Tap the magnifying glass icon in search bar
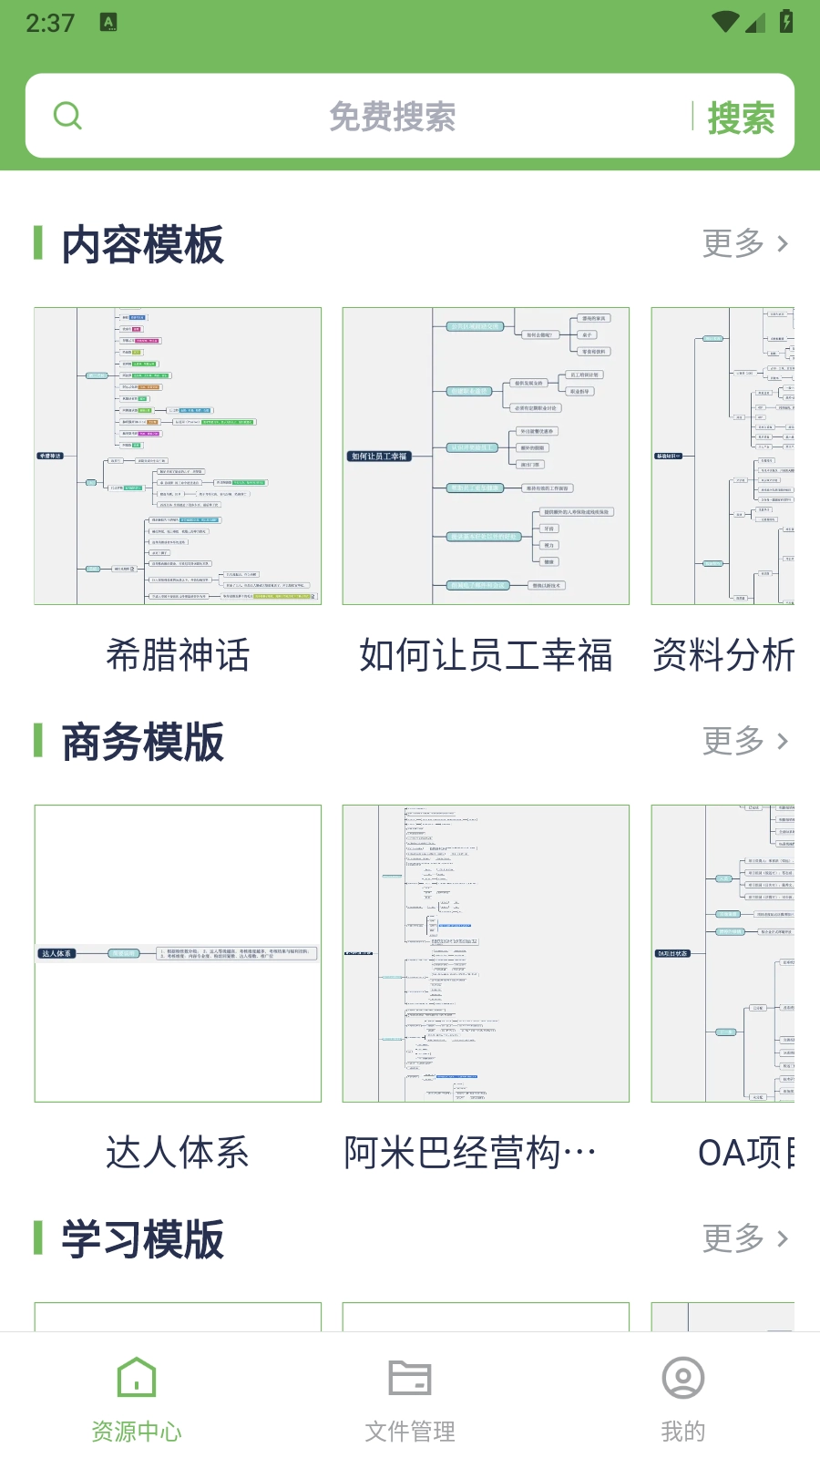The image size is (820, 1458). tap(67, 116)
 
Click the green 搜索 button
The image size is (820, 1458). tap(741, 118)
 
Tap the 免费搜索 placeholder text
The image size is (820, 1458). tap(392, 117)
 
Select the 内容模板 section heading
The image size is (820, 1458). tap(142, 244)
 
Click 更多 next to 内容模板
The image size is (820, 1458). tap(744, 243)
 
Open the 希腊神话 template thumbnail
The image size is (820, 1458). tap(178, 456)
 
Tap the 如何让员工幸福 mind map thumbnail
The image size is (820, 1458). tap(486, 456)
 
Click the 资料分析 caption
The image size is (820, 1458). tap(723, 655)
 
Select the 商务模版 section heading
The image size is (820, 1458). tap(142, 742)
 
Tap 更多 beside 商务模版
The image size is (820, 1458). tap(744, 741)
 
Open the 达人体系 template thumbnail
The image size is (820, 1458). tap(178, 953)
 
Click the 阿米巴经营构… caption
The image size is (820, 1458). tap(470, 1153)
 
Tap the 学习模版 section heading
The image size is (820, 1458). tap(142, 1239)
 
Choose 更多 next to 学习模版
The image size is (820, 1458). tap(744, 1238)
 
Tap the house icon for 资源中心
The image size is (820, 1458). tap(137, 1377)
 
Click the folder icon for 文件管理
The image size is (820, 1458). tap(410, 1377)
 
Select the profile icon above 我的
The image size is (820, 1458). tap(683, 1378)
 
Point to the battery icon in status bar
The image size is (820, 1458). tap(786, 21)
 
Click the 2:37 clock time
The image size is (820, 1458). tap(50, 23)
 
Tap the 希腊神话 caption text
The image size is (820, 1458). tap(178, 655)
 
